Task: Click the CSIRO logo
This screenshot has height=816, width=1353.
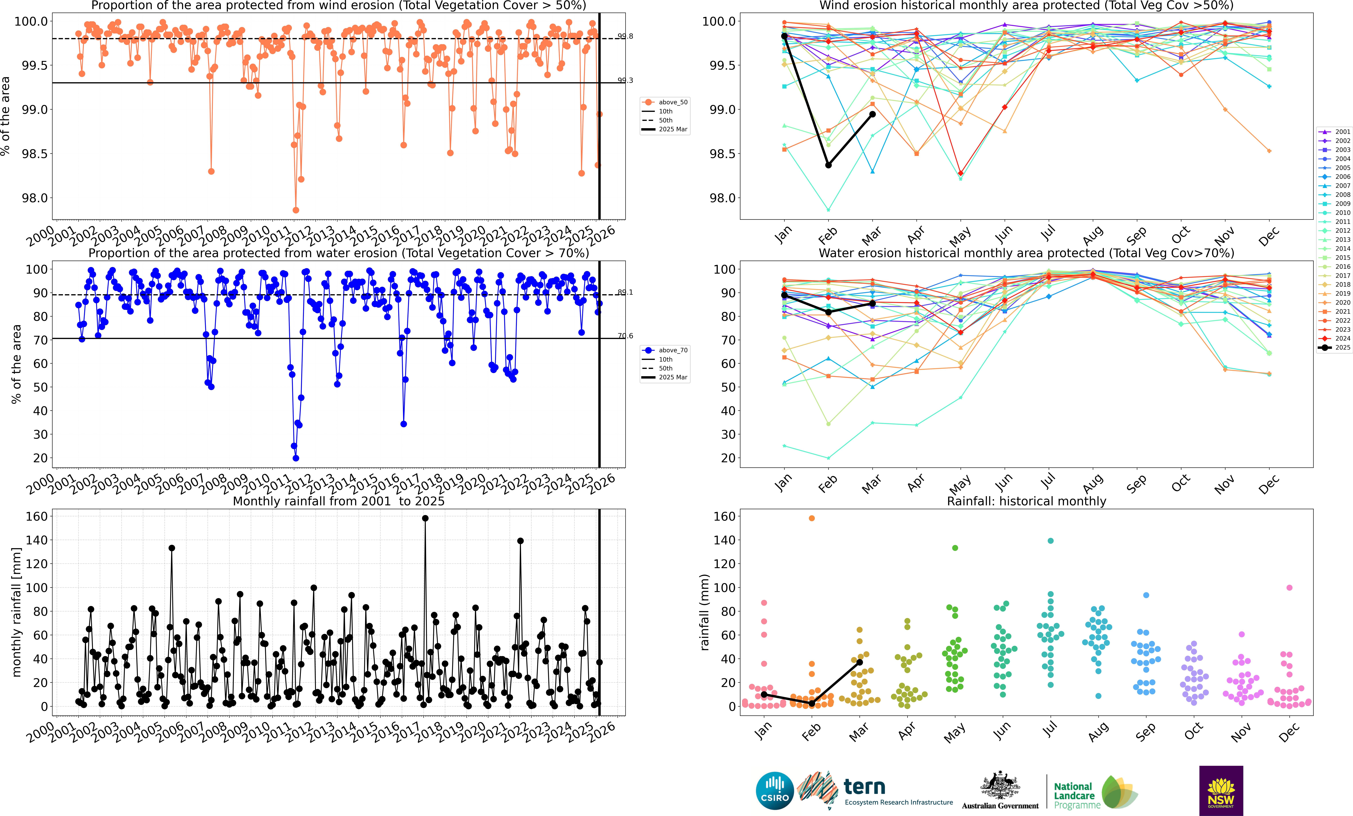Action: click(774, 791)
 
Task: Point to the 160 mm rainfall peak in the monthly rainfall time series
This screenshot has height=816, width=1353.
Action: click(425, 518)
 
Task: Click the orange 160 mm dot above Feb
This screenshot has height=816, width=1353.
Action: click(812, 518)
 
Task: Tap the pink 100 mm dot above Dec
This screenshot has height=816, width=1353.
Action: click(1289, 588)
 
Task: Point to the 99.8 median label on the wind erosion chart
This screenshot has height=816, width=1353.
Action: click(625, 36)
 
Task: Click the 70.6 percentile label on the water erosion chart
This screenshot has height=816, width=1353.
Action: click(625, 336)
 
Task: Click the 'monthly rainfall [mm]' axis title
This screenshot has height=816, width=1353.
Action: click(16, 612)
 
